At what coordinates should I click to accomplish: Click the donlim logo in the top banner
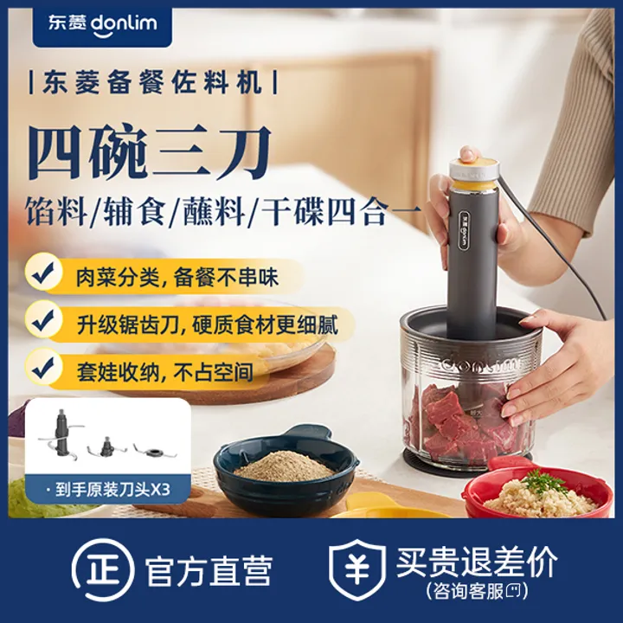[x=102, y=24]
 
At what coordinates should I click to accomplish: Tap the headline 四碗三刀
[x=150, y=152]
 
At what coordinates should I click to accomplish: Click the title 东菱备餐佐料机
[x=153, y=83]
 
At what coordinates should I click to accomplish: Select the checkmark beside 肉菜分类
[x=43, y=273]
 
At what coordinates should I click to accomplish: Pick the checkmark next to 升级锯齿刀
[x=43, y=322]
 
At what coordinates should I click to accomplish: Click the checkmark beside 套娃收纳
[x=43, y=369]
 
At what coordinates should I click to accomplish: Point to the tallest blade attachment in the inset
[x=61, y=434]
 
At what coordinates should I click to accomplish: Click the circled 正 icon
[x=102, y=569]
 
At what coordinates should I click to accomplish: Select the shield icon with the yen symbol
[x=357, y=569]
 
